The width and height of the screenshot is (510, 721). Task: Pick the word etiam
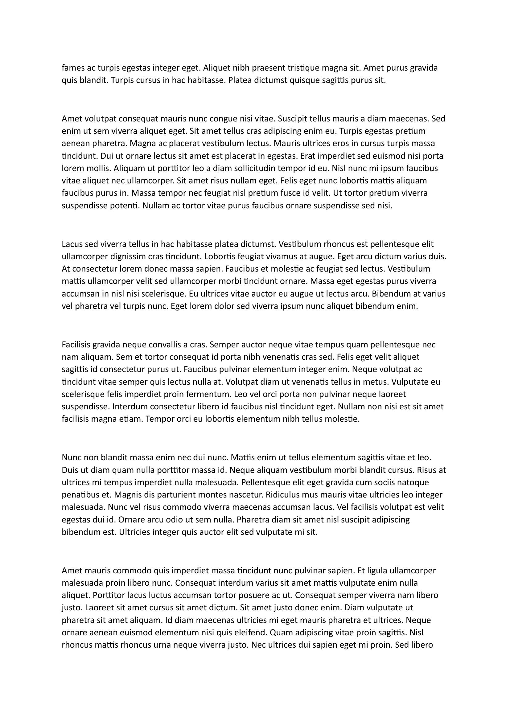[131, 419]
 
